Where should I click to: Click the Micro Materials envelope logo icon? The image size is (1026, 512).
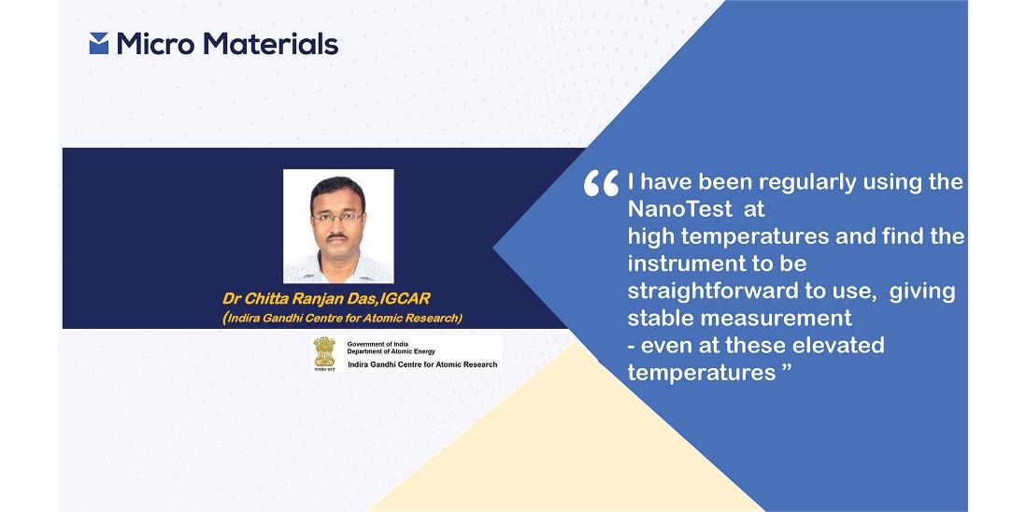point(99,43)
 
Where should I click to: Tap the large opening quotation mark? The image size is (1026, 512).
point(602,183)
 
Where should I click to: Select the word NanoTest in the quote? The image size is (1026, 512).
point(677,209)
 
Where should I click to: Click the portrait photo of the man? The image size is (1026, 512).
point(338,225)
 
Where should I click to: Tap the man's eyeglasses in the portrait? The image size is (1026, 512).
point(337,217)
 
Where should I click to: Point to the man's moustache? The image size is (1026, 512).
point(337,236)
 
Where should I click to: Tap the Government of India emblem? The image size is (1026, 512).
point(324,354)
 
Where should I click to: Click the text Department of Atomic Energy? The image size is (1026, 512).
point(392,352)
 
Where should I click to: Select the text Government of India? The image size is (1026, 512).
point(378,344)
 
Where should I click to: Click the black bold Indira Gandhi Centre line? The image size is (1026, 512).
point(422,364)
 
